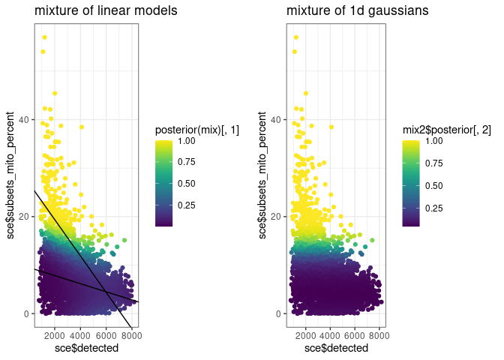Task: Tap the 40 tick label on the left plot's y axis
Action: click(24, 119)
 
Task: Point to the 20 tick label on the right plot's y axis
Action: click(276, 217)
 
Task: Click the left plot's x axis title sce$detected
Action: click(85, 348)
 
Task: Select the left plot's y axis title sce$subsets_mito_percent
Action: click(10, 176)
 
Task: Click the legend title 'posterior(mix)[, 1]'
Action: click(197, 130)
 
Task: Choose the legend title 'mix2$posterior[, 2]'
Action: click(447, 130)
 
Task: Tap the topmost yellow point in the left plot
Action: click(44, 37)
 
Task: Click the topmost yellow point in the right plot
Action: click(296, 37)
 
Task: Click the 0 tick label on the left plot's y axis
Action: click(26, 313)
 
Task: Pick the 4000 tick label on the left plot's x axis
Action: click(81, 335)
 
